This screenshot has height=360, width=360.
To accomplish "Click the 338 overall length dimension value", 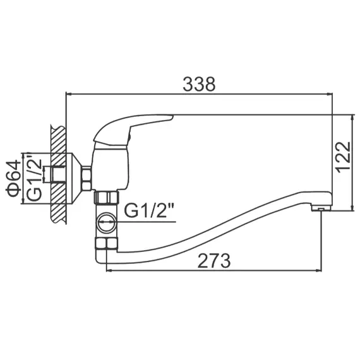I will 199,83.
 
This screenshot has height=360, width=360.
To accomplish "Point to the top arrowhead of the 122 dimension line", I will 351,118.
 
